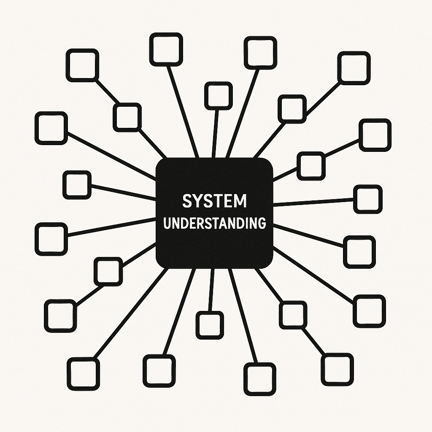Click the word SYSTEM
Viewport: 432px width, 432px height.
pyautogui.click(x=214, y=201)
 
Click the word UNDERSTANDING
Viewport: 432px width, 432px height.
pyautogui.click(x=214, y=223)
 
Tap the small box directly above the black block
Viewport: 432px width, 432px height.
pyautogui.click(x=218, y=96)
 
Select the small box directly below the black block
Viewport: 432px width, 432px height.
pyautogui.click(x=210, y=325)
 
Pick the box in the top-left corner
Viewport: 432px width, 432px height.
pyautogui.click(x=82, y=65)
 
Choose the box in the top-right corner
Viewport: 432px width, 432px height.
pyautogui.click(x=354, y=67)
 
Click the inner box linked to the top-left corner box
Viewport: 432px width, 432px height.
pyautogui.click(x=127, y=117)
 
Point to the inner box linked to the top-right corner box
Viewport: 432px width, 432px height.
pyautogui.click(x=292, y=109)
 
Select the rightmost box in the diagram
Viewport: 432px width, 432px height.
pyautogui.click(x=375, y=135)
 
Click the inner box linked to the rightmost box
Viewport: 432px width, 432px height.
pyautogui.click(x=311, y=166)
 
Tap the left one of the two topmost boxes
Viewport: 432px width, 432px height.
pyautogui.click(x=166, y=50)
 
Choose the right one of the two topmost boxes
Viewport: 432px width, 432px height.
pyautogui.click(x=260, y=52)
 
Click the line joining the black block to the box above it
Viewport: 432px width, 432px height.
pyautogui.click(x=216, y=133)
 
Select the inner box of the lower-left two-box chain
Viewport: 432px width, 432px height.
pyautogui.click(x=108, y=271)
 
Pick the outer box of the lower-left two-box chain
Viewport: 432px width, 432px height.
pyautogui.click(x=60, y=315)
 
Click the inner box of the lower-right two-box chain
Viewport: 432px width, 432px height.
pyautogui.click(x=293, y=315)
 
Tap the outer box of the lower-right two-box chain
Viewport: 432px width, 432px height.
pyautogui.click(x=337, y=369)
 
